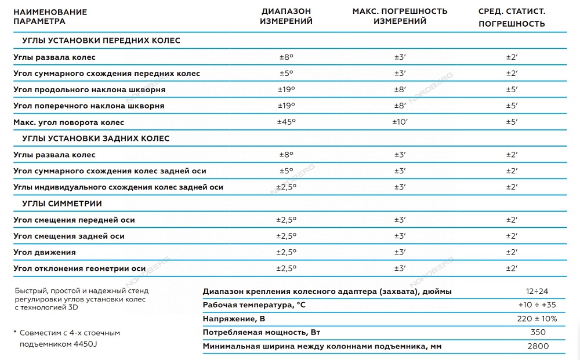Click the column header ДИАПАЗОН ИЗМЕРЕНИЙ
tap(286, 16)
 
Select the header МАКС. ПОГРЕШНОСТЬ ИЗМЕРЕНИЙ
tap(400, 16)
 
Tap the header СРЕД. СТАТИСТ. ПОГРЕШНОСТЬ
tap(512, 17)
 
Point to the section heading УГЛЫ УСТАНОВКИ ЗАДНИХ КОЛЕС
tap(96, 139)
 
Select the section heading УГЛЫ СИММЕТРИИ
tap(62, 203)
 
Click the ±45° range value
tap(286, 122)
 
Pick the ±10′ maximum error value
tap(400, 122)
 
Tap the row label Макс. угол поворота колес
tap(68, 122)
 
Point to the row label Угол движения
tap(45, 253)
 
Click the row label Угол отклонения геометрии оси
tap(79, 269)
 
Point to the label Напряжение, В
tap(234, 319)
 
